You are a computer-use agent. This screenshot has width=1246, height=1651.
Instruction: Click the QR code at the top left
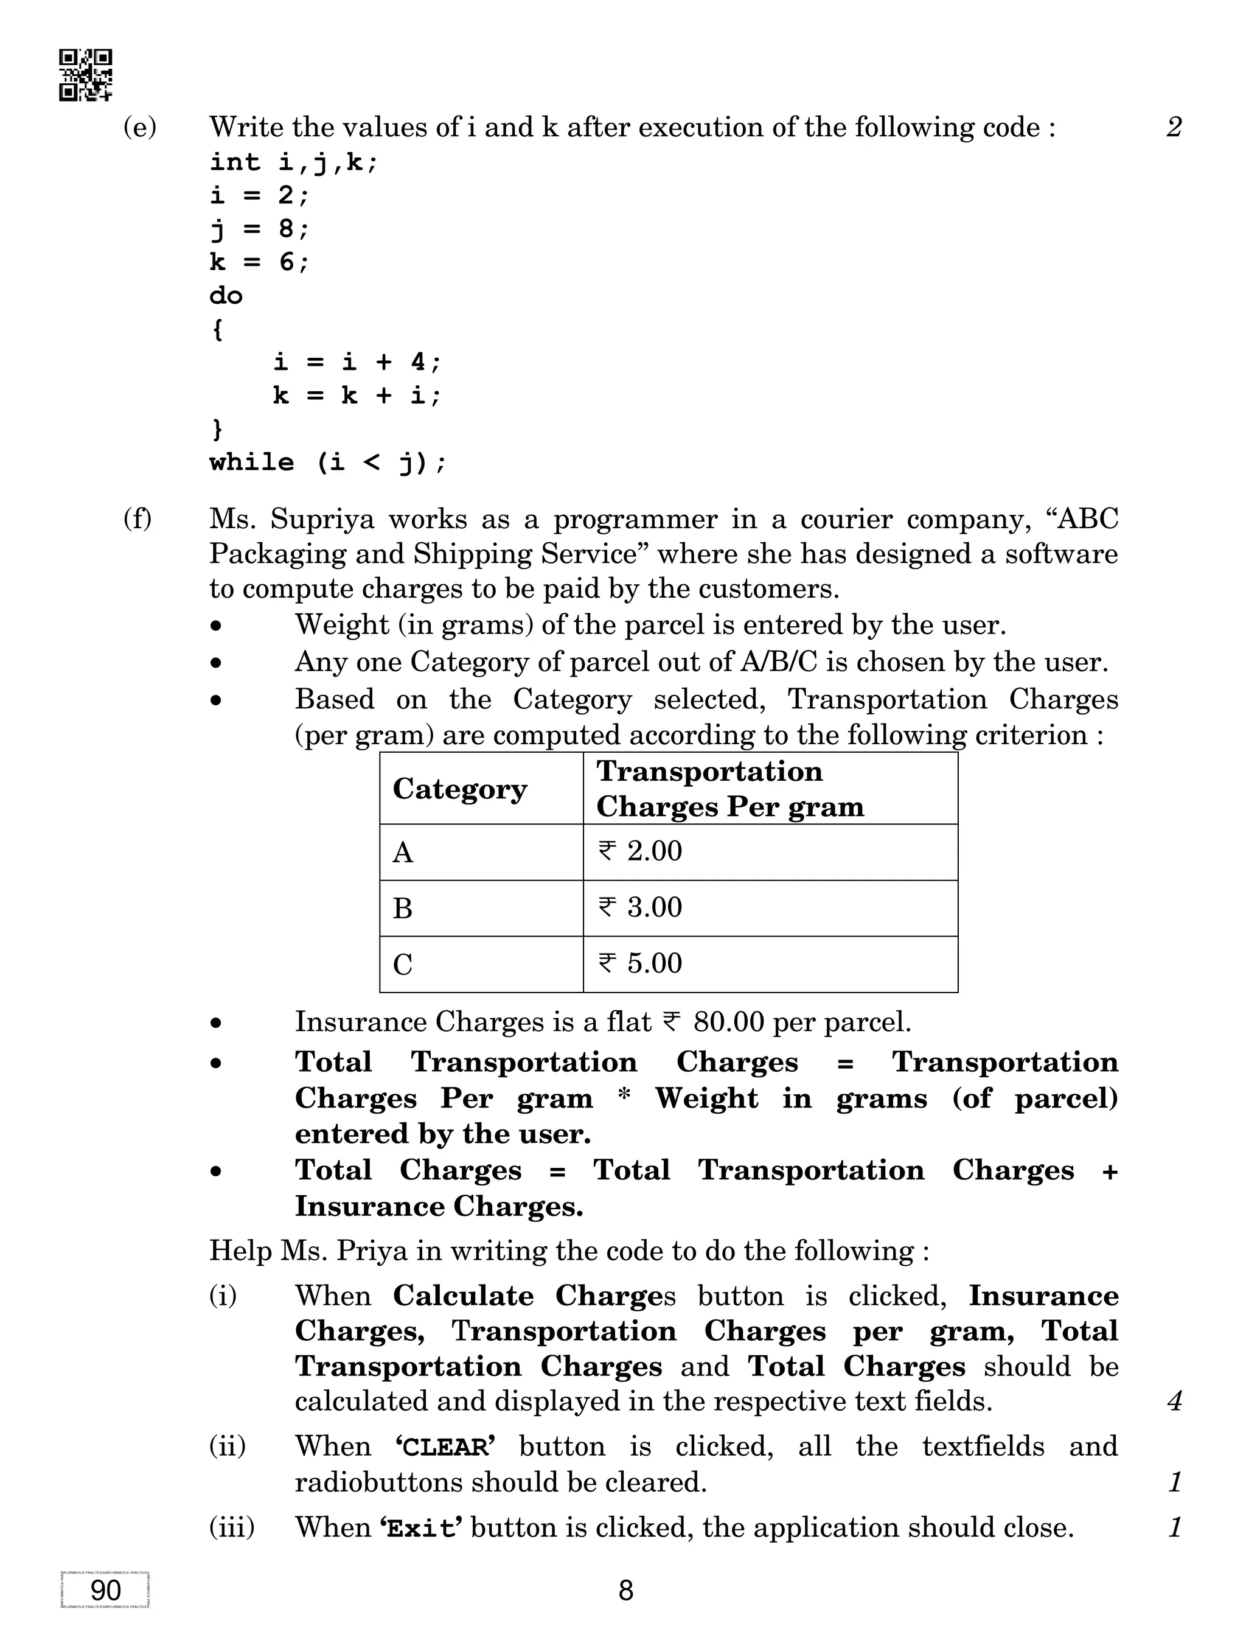pyautogui.click(x=86, y=75)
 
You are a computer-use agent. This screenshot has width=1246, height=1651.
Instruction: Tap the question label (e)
pyautogui.click(x=139, y=128)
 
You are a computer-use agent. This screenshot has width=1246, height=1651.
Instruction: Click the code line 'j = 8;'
pyautogui.click(x=258, y=228)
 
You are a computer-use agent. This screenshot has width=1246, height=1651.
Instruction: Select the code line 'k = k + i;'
pyautogui.click(x=357, y=395)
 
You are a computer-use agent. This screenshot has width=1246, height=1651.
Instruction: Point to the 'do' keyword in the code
pyautogui.click(x=225, y=296)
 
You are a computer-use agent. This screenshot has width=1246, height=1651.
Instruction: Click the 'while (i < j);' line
pyautogui.click(x=327, y=462)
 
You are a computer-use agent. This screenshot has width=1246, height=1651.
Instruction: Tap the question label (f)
pyautogui.click(x=137, y=518)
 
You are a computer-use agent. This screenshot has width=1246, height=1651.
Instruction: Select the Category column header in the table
pyautogui.click(x=459, y=789)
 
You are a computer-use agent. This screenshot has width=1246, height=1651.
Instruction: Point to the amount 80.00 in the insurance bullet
pyautogui.click(x=728, y=1022)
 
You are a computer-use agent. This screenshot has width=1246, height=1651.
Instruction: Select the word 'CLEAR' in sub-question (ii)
pyautogui.click(x=445, y=1447)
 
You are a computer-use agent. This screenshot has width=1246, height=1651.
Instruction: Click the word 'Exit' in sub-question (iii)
pyautogui.click(x=421, y=1528)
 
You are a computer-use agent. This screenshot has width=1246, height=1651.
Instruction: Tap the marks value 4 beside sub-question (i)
pyautogui.click(x=1174, y=1400)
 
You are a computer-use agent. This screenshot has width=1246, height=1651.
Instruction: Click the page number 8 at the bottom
pyautogui.click(x=625, y=1591)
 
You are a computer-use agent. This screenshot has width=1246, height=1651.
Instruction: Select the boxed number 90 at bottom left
pyautogui.click(x=105, y=1591)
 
